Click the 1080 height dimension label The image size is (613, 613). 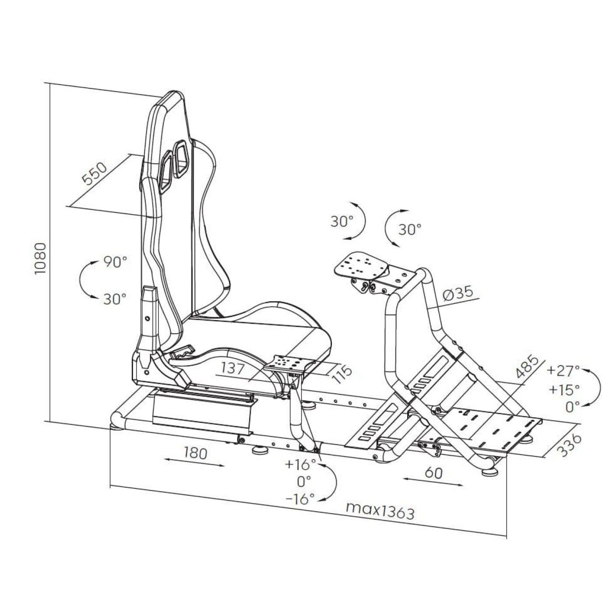click(40, 258)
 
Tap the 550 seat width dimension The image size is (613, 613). click(95, 174)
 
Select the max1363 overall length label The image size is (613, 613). click(380, 511)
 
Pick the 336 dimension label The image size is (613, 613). click(571, 445)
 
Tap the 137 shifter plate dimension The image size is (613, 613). click(233, 368)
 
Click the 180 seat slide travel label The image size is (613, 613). click(195, 453)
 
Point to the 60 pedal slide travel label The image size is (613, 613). click(433, 472)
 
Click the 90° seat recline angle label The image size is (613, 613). click(115, 262)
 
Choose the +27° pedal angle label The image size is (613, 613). click(563, 370)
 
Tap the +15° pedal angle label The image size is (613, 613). click(564, 389)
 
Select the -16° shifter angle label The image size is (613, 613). click(300, 499)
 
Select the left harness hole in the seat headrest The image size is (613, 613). click(166, 172)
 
